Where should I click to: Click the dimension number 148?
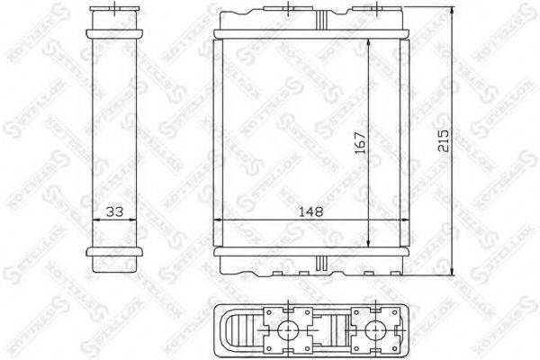click(x=312, y=211)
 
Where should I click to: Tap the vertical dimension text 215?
click(x=441, y=139)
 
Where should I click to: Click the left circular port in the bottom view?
click(x=290, y=329)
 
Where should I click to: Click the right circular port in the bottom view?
click(x=368, y=329)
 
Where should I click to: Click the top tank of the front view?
click(x=312, y=23)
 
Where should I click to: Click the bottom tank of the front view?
click(x=312, y=262)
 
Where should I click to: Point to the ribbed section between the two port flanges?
click(x=329, y=329)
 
